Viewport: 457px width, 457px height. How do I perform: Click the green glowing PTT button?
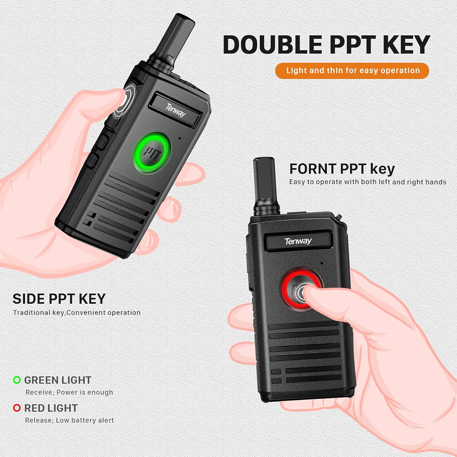pyautogui.click(x=151, y=152)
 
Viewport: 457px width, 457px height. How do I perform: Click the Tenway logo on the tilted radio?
pyautogui.click(x=176, y=110)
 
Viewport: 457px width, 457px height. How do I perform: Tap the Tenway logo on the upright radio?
pyautogui.click(x=298, y=241)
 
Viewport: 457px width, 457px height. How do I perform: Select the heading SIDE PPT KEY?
pyautogui.click(x=59, y=299)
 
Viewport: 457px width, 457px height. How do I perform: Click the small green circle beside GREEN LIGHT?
pyautogui.click(x=17, y=380)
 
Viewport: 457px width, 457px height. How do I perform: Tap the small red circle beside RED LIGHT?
pyautogui.click(x=17, y=408)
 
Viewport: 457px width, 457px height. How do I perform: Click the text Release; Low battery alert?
pyautogui.click(x=69, y=420)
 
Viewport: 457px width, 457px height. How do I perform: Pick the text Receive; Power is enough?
pyautogui.click(x=69, y=392)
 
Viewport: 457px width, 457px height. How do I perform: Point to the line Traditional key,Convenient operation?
pyautogui.click(x=77, y=313)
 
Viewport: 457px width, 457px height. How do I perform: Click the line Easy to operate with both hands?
pyautogui.click(x=367, y=182)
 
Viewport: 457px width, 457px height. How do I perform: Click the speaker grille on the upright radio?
pyautogui.click(x=305, y=353)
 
